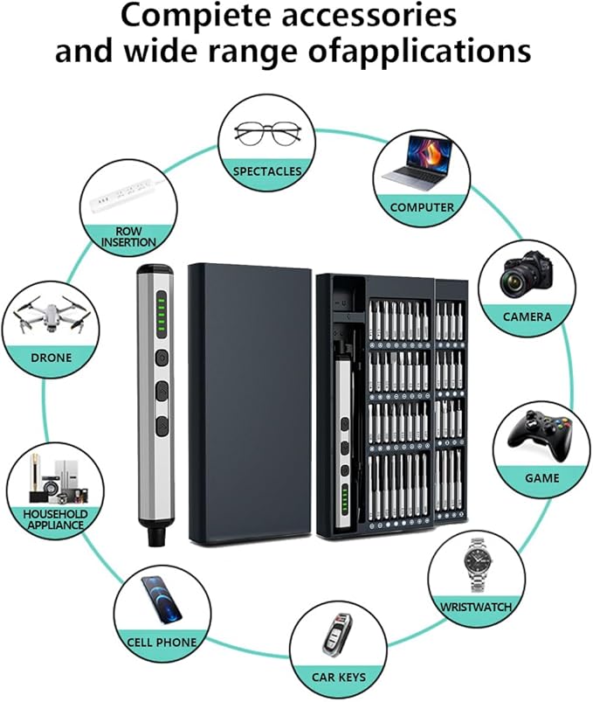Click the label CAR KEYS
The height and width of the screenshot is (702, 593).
[x=339, y=677]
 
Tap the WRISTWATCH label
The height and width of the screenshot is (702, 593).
[x=476, y=606]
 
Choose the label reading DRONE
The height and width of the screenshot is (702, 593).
[x=51, y=358]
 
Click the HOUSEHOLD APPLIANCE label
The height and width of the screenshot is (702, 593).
[x=54, y=518]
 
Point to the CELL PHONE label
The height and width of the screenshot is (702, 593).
[x=162, y=643]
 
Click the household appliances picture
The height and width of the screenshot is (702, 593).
[x=52, y=475]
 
